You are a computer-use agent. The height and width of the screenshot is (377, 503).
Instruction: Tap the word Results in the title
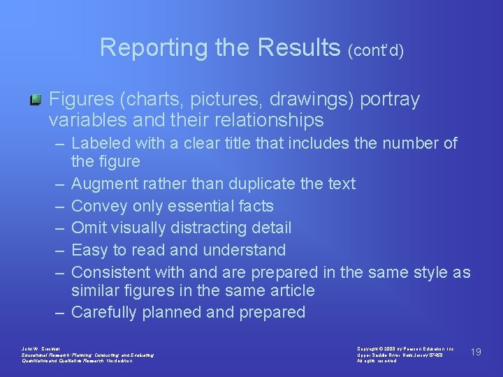pyautogui.click(x=300, y=47)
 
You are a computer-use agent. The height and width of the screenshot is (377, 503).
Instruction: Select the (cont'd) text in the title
pyautogui.click(x=375, y=50)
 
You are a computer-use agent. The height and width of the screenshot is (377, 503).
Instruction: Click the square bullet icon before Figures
pyautogui.click(x=34, y=102)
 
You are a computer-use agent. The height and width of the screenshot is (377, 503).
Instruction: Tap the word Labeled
pyautogui.click(x=99, y=144)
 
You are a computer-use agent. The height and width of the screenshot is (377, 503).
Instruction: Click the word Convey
pyautogui.click(x=99, y=206)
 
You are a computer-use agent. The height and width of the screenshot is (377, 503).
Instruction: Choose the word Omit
pyautogui.click(x=90, y=228)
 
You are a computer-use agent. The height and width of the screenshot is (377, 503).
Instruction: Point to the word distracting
pyautogui.click(x=216, y=228)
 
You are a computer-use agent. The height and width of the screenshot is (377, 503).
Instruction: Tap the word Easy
pyautogui.click(x=89, y=250)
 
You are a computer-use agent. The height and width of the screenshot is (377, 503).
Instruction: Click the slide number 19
pyautogui.click(x=476, y=352)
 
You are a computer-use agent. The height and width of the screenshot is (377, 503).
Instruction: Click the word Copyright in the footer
pyautogui.click(x=367, y=348)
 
